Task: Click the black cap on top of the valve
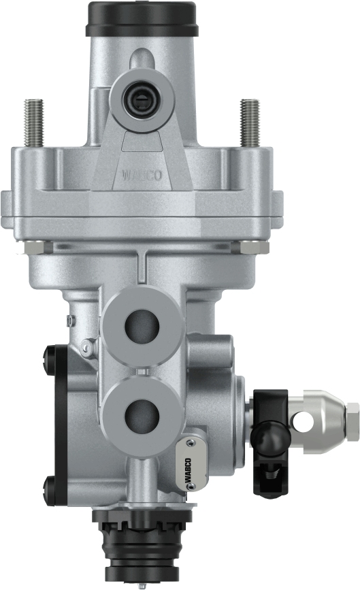(x=141, y=18)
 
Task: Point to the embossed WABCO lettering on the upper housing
(x=141, y=175)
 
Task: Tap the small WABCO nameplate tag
(x=189, y=465)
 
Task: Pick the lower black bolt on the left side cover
(x=49, y=486)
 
